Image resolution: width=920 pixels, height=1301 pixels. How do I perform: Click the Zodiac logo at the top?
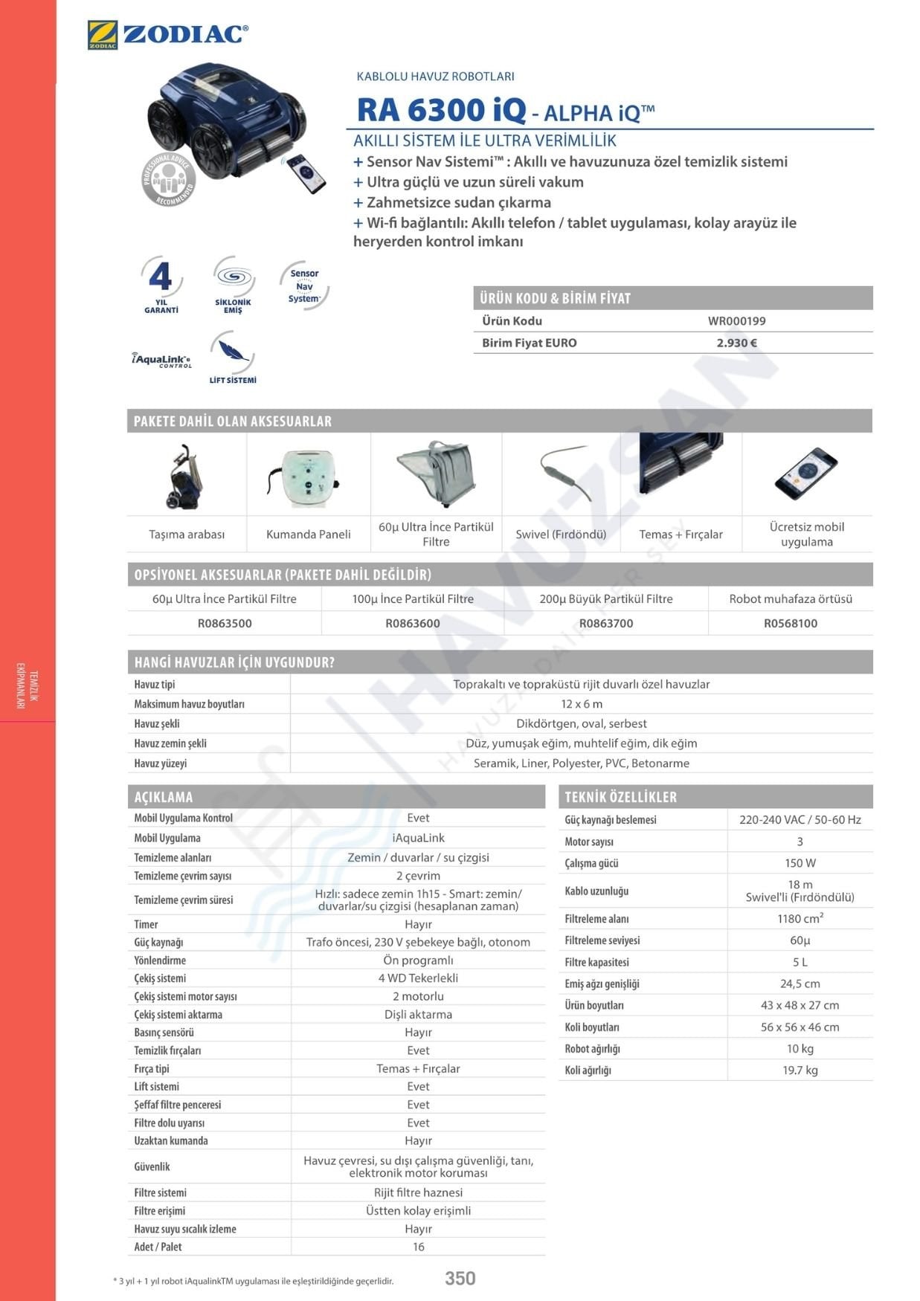pyautogui.click(x=167, y=35)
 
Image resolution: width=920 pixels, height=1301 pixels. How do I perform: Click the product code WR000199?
pyautogui.click(x=736, y=321)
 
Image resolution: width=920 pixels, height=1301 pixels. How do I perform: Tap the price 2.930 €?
pyautogui.click(x=736, y=343)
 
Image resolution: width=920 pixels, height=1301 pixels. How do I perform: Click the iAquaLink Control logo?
pyautogui.click(x=161, y=360)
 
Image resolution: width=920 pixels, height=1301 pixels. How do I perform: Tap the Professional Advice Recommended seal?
pyautogui.click(x=169, y=179)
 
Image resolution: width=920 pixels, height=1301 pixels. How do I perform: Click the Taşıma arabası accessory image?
pyautogui.click(x=184, y=476)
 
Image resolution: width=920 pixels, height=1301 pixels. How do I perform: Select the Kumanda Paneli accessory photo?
pyautogui.click(x=308, y=476)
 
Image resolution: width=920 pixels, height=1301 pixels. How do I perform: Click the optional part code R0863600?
pyautogui.click(x=413, y=623)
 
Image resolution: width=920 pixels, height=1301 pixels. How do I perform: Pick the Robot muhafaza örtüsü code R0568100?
pyautogui.click(x=790, y=623)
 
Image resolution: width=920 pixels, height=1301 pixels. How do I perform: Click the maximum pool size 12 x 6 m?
pyautogui.click(x=582, y=704)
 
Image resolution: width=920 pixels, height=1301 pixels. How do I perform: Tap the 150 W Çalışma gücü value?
pyautogui.click(x=800, y=863)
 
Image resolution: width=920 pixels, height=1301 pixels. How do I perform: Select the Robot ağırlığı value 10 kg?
pyautogui.click(x=800, y=1048)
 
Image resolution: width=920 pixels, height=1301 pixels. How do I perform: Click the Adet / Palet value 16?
pyautogui.click(x=418, y=1247)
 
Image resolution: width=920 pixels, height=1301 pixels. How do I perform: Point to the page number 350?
pyautogui.click(x=460, y=1278)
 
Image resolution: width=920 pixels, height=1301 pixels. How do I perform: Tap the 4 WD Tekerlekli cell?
pyautogui.click(x=418, y=978)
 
